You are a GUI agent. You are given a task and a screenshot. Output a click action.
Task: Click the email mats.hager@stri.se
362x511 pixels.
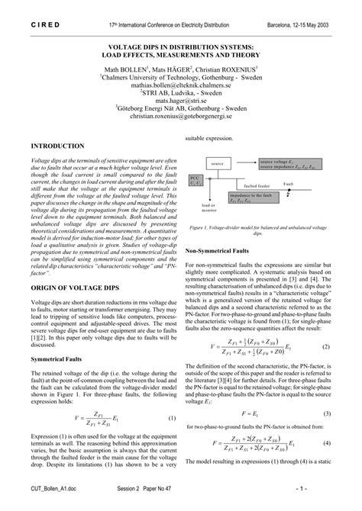point(181,100)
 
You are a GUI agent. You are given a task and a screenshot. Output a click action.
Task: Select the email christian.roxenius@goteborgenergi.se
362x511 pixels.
point(181,119)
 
